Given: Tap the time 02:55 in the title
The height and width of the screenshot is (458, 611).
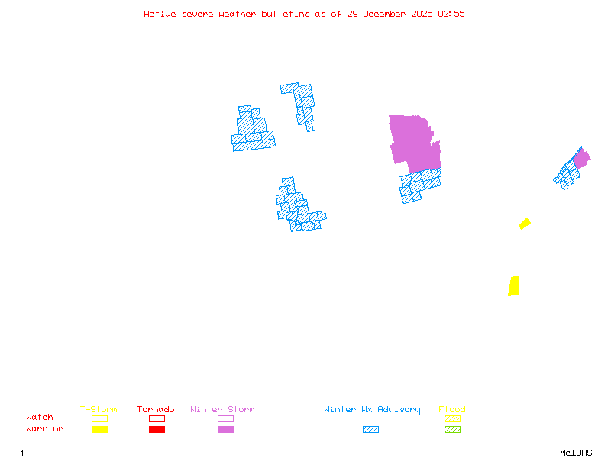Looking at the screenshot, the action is (x=451, y=14).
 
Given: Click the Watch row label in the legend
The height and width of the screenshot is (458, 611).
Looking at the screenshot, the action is (x=40, y=418).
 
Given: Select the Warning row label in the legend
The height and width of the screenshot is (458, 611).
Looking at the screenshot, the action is (x=45, y=429).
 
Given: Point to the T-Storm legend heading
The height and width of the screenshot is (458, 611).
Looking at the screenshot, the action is (x=99, y=410).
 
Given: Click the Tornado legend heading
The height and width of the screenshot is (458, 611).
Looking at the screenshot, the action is (x=156, y=410).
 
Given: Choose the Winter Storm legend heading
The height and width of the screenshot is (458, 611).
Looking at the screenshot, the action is (x=222, y=410).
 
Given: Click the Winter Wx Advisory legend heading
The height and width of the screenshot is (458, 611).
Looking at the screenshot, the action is (x=372, y=410).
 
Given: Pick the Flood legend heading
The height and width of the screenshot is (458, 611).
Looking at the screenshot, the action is (x=452, y=410).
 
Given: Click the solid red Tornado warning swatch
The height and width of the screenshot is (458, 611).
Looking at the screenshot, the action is (x=157, y=429).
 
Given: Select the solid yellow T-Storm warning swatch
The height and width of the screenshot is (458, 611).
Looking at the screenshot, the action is (x=99, y=429).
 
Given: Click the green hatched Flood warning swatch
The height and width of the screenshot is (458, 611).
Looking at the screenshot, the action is (x=452, y=429).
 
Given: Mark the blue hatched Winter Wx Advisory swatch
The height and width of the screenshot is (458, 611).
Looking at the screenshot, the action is (x=370, y=429).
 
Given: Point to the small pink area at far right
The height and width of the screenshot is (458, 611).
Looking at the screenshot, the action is (x=582, y=159).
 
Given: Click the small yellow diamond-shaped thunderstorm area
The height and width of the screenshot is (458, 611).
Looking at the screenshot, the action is (x=525, y=223).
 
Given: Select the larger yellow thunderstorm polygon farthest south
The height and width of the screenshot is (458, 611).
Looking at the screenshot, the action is (x=514, y=285).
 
